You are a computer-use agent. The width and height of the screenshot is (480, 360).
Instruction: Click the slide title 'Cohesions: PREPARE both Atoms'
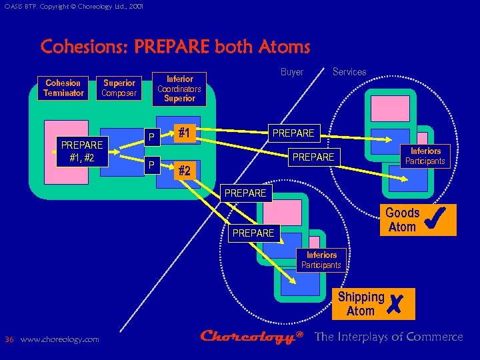[175, 47]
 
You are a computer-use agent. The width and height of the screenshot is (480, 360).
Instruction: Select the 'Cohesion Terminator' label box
[63, 88]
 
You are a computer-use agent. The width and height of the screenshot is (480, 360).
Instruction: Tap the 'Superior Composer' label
[119, 88]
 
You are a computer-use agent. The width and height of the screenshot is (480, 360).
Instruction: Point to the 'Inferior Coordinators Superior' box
[179, 88]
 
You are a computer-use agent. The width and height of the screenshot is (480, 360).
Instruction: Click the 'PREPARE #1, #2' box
[81, 151]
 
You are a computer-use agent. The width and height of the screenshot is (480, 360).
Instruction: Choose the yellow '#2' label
[185, 171]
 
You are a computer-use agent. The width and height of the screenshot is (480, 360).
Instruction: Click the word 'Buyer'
[291, 72]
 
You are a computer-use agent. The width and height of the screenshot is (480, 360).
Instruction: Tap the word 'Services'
[349, 72]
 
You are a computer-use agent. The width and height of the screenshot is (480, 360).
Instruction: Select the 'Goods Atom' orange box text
[402, 220]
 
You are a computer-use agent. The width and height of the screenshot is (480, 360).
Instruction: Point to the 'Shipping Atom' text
[361, 304]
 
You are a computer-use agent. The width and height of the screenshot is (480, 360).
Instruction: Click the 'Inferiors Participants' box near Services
[425, 156]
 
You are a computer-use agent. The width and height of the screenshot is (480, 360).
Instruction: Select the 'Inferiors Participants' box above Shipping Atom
[321, 260]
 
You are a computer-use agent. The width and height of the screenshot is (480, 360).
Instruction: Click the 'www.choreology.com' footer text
[60, 339]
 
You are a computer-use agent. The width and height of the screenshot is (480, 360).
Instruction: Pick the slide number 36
[9, 339]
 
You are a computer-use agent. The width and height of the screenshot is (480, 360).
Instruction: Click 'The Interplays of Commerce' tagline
[389, 337]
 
